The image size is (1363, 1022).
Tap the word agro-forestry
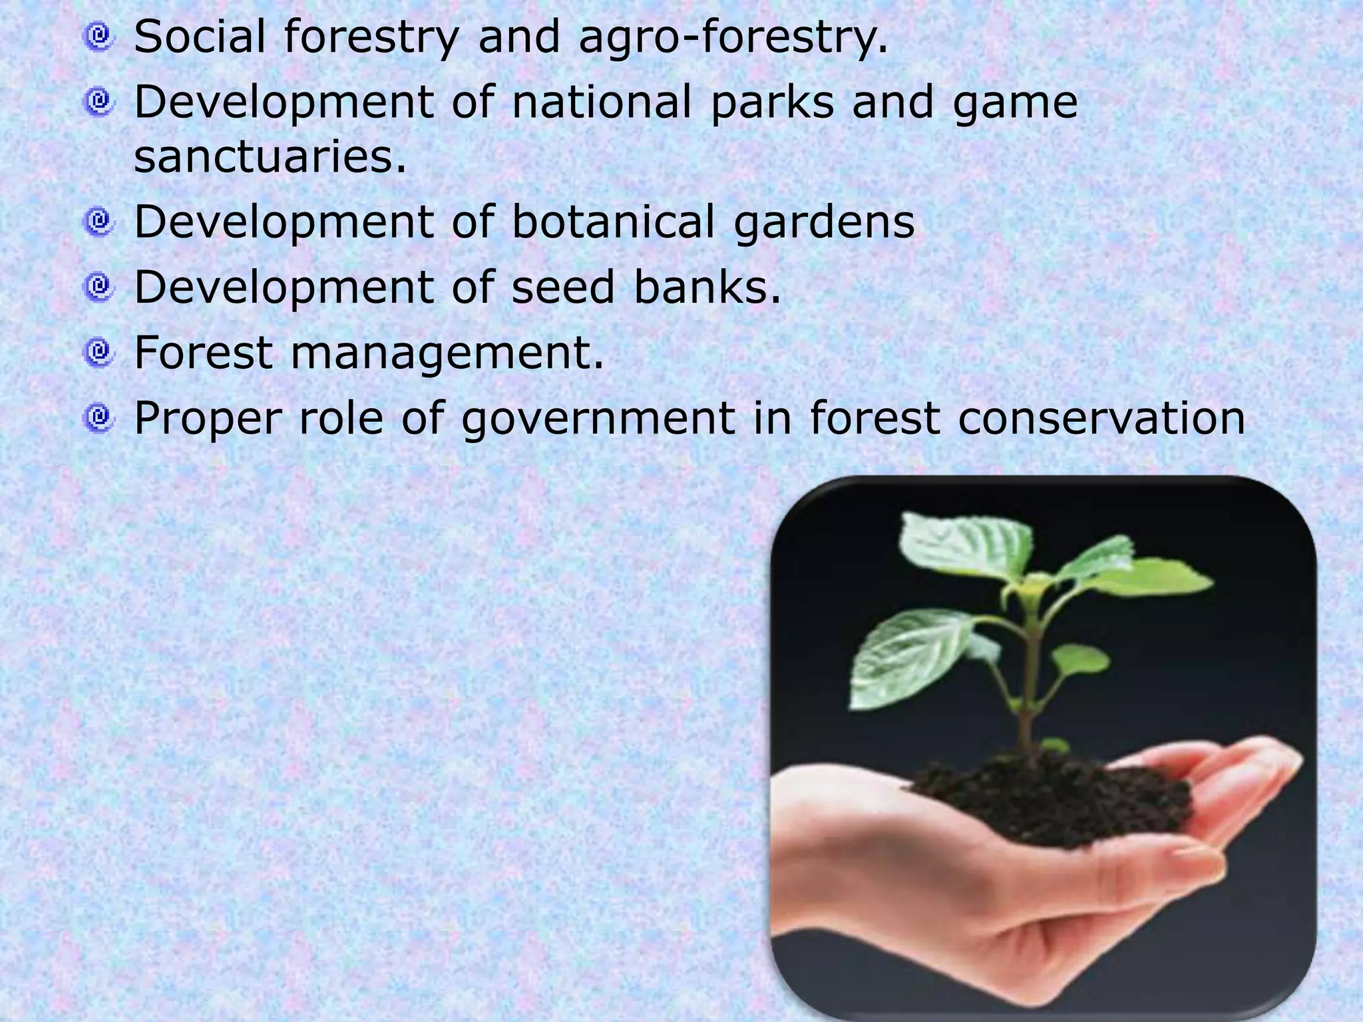[x=733, y=38]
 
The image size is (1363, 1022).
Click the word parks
[x=772, y=103]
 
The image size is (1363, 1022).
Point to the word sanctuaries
[x=270, y=157]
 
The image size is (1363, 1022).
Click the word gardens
[x=824, y=222]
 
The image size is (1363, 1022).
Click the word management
[x=447, y=353]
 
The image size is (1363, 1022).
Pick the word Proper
[x=208, y=419]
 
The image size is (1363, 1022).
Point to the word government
[x=598, y=419]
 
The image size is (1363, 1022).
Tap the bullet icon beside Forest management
[x=99, y=351]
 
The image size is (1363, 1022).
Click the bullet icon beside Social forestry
[x=99, y=36]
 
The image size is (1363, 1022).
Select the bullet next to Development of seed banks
[x=99, y=286]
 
